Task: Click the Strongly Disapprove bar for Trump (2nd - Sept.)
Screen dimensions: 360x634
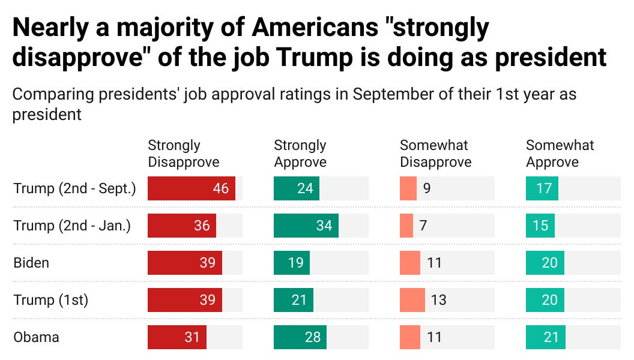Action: point(191,188)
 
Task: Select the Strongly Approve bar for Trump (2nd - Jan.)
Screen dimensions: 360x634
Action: point(306,226)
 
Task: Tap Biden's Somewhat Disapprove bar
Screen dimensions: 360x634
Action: point(410,263)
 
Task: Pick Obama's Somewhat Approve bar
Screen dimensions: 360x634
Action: point(545,337)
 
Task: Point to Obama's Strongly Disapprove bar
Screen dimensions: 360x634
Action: point(177,337)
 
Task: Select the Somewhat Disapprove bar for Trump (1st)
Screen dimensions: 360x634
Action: point(412,300)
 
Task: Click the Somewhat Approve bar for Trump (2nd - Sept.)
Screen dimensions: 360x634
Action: point(542,188)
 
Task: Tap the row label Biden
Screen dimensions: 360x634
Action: point(31,263)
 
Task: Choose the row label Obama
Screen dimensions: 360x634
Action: point(37,337)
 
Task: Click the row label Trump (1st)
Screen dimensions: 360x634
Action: point(51,300)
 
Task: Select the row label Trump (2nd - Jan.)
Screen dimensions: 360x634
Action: point(72,226)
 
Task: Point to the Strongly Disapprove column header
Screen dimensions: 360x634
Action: point(184,154)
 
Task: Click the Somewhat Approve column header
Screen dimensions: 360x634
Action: point(560,154)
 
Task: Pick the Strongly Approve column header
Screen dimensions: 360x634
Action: point(300,154)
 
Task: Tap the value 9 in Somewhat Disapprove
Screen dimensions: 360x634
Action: point(426,188)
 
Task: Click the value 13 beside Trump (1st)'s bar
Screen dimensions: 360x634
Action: point(438,300)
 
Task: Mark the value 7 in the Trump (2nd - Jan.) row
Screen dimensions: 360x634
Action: point(423,226)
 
